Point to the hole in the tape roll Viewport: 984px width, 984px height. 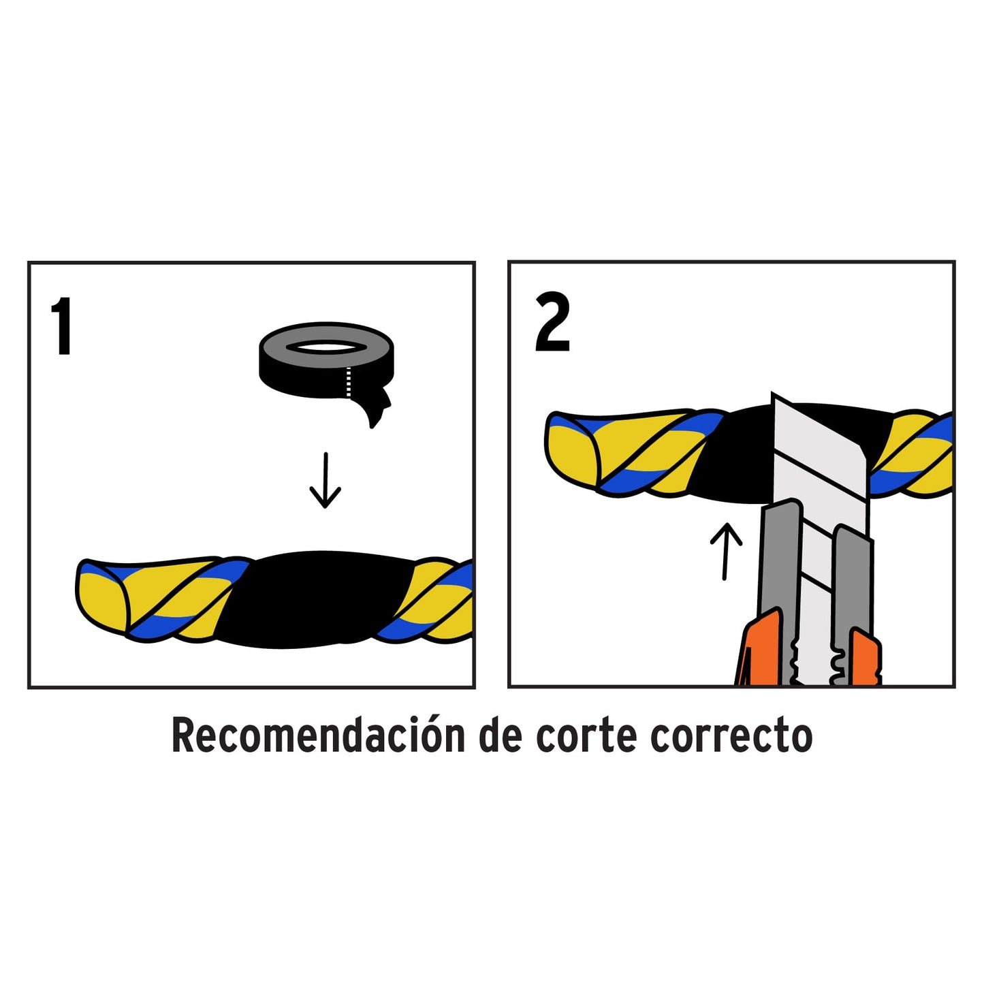(x=326, y=347)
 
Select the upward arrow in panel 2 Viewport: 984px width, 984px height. (x=726, y=550)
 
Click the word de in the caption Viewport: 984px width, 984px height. (x=501, y=736)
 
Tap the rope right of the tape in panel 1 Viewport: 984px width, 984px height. (x=436, y=599)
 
